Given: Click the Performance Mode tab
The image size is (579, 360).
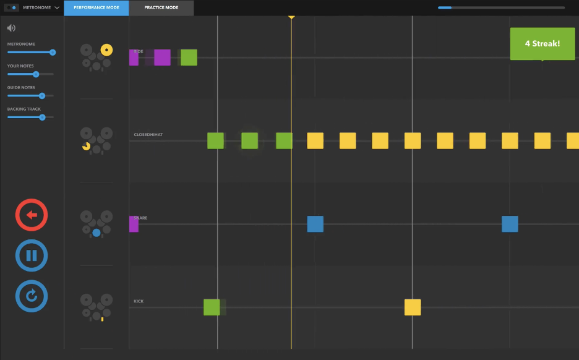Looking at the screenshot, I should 96,8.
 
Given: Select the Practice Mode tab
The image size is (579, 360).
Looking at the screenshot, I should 161,8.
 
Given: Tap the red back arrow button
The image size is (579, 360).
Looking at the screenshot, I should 32,215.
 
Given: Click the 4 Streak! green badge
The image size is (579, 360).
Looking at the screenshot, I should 542,44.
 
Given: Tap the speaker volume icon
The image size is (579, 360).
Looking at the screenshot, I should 11,28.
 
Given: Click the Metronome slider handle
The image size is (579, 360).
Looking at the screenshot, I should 53,53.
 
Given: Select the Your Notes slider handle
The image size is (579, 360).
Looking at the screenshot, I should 36,74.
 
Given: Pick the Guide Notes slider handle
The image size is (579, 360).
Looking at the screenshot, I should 42,96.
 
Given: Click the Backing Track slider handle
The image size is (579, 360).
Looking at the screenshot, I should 42,117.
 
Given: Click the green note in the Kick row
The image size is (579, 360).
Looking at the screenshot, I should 212,307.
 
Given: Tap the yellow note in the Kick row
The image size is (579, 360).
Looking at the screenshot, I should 413,307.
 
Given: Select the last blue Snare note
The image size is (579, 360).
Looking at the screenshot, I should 510,224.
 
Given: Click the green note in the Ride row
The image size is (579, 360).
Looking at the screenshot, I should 189,58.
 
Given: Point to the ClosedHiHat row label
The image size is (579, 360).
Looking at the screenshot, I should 148,134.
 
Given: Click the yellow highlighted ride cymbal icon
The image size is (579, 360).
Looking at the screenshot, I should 106,49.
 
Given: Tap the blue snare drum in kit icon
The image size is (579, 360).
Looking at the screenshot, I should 96,233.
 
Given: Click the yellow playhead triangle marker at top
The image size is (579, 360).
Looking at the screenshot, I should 291,17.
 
